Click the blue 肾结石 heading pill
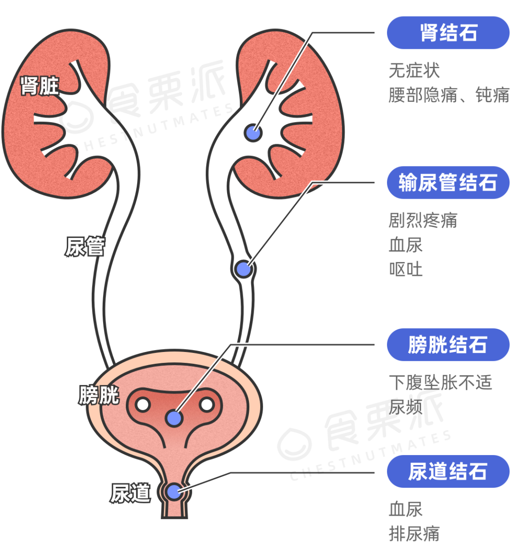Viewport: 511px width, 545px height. (448, 33)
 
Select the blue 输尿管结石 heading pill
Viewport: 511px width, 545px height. (448, 183)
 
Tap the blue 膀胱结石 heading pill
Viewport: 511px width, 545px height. (448, 344)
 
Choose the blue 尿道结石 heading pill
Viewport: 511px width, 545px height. (448, 471)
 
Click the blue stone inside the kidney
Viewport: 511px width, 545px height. (253, 132)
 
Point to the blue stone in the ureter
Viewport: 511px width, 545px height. (243, 269)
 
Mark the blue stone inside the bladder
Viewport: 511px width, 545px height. (174, 418)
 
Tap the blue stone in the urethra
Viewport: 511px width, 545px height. (174, 492)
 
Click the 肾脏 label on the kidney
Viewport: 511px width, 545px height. (40, 86)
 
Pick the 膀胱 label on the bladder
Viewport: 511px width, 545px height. (98, 395)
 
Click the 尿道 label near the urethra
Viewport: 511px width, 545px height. (130, 493)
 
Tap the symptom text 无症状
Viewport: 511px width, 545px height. (414, 70)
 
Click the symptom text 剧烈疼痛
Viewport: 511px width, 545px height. (423, 220)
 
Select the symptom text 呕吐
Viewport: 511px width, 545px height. (405, 269)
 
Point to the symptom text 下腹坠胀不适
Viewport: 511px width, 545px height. (440, 382)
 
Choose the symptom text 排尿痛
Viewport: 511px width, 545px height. (414, 533)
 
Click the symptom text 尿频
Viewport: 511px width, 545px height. (405, 406)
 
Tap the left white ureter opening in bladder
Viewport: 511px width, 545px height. (142, 405)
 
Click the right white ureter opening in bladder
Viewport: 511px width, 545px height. (206, 405)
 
